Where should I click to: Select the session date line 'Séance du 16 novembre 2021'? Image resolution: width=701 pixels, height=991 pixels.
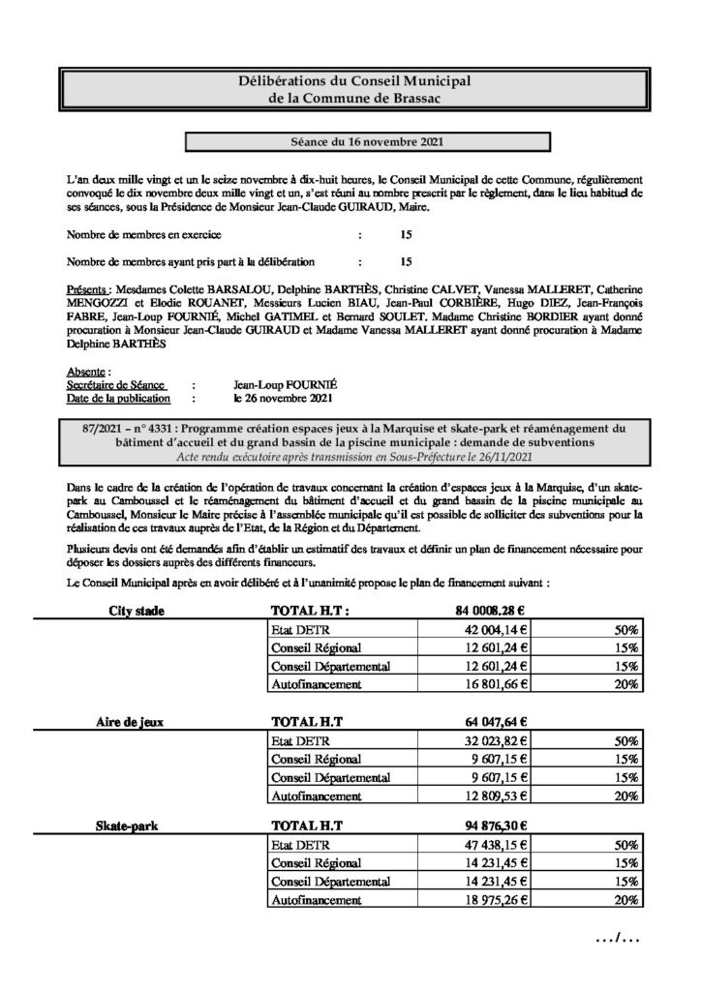pos(351,142)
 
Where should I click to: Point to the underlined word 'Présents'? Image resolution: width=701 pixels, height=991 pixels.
pos(88,288)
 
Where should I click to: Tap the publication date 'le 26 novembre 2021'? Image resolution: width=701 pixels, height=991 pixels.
pos(283,397)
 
